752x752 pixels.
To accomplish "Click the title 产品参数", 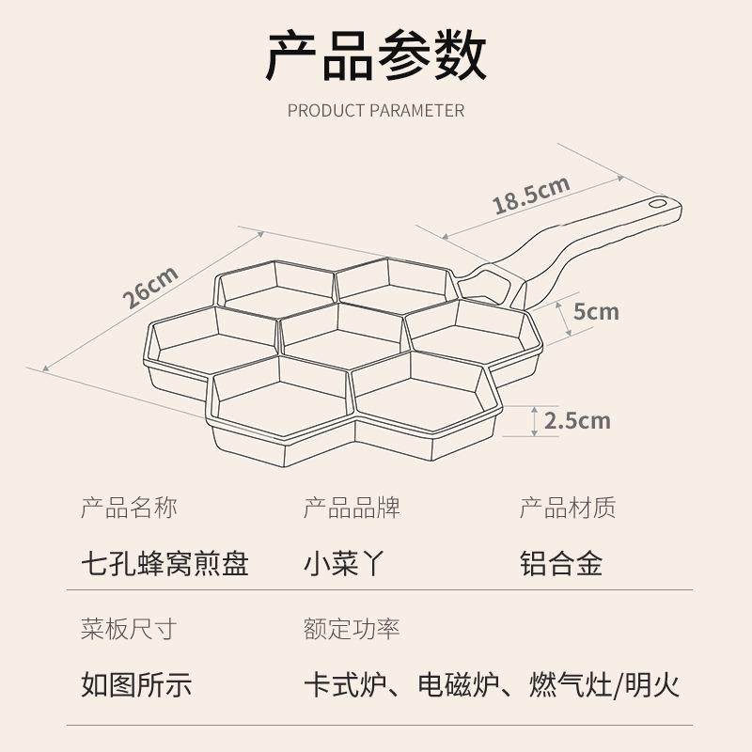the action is [376, 55].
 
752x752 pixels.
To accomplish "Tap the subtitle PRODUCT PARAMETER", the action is [376, 110].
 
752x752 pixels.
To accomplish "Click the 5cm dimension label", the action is [596, 310].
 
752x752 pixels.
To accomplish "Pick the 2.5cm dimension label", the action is [577, 420].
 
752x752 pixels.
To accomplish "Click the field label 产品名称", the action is [129, 509].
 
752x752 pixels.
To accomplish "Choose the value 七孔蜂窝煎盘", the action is [165, 563].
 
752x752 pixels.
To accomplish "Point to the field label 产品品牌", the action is [352, 509].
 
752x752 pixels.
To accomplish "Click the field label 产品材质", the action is [568, 509].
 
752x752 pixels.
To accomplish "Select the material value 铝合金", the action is [561, 563].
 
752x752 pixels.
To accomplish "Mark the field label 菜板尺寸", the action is [129, 628].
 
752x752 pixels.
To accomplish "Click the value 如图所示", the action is [136, 683].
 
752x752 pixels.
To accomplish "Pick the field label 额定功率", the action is [352, 628].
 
